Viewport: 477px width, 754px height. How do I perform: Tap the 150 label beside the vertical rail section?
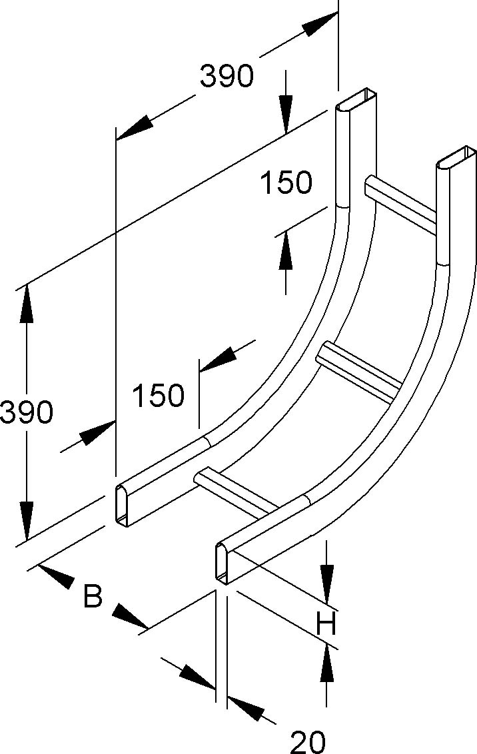click(x=286, y=183)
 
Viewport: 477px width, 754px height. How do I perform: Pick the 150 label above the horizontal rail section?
click(x=158, y=395)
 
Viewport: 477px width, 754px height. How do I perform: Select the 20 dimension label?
click(x=308, y=741)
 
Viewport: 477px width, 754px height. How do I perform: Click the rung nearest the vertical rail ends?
click(x=400, y=202)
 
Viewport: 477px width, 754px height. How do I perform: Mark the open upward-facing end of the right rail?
click(x=457, y=158)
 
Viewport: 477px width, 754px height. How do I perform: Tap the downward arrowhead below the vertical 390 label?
click(x=27, y=520)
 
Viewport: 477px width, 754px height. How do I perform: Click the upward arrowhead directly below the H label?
click(x=327, y=664)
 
